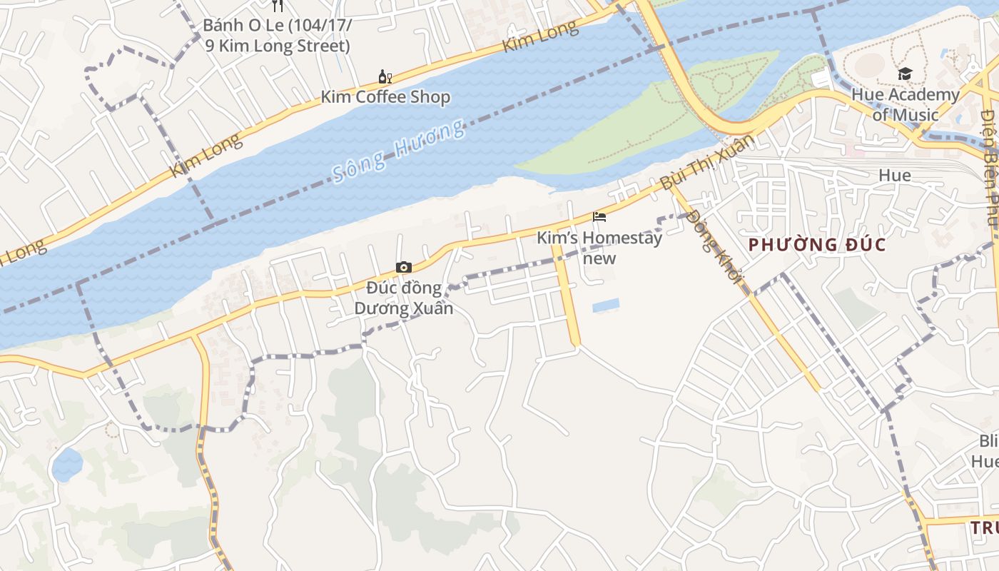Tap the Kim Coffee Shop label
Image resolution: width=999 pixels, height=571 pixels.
(385, 97)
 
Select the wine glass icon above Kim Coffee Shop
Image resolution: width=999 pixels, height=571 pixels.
(385, 76)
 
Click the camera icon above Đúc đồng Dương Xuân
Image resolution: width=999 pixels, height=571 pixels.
(404, 267)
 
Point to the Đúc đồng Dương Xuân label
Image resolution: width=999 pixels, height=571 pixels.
(404, 298)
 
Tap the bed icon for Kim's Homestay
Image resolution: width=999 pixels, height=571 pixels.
(599, 217)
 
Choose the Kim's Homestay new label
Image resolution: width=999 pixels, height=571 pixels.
(599, 247)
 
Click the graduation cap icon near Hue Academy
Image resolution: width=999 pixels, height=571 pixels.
(905, 74)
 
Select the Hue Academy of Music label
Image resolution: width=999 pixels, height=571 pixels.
(905, 104)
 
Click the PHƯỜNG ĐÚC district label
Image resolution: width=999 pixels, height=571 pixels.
(817, 246)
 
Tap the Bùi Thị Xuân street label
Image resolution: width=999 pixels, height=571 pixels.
(706, 162)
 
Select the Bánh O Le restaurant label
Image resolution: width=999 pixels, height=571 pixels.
(278, 36)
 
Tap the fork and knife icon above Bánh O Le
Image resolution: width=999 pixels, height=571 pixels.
(278, 6)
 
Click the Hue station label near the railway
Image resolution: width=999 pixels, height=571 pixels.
(894, 176)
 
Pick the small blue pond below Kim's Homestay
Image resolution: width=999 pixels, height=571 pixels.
(606, 305)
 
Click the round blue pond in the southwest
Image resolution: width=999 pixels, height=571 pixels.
(67, 464)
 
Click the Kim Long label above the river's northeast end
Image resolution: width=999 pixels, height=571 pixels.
(540, 37)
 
